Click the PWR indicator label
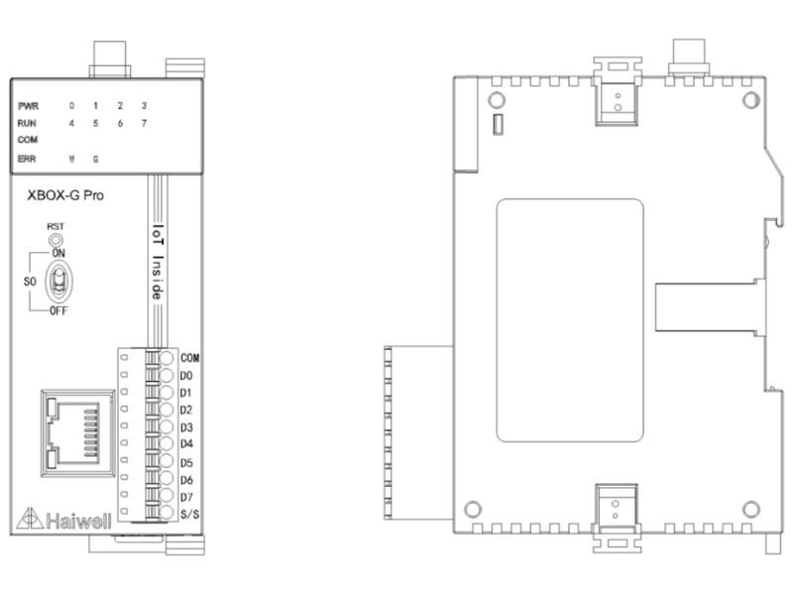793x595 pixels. tap(29, 106)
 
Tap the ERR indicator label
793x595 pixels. tap(27, 159)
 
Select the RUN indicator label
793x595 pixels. tap(27, 123)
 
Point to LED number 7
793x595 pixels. tap(144, 123)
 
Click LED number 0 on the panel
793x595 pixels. tap(71, 106)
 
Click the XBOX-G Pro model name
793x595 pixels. tap(65, 195)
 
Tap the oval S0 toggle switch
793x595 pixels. tap(59, 281)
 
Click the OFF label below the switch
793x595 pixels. tap(58, 310)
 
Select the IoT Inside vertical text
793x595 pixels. tap(159, 262)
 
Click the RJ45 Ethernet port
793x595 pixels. tap(78, 432)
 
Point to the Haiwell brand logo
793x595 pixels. tap(63, 519)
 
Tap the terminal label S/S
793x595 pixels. tap(189, 515)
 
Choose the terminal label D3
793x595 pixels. tap(186, 427)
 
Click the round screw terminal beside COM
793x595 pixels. tap(167, 358)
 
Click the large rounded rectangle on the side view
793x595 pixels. tap(569, 320)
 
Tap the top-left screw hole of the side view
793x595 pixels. tap(497, 100)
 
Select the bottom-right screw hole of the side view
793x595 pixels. tap(751, 509)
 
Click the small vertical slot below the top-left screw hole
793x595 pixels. tap(499, 125)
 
